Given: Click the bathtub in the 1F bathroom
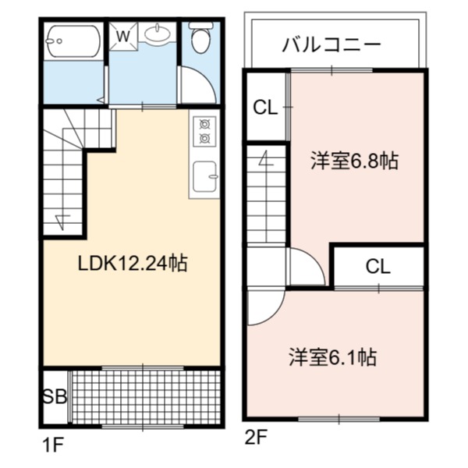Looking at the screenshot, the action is [x=73, y=41].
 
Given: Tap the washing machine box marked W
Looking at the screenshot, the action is [x=123, y=36].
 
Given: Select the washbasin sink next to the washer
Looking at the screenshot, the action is [x=158, y=33].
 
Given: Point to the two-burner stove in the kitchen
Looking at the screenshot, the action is [x=204, y=131].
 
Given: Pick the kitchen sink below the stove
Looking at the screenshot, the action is [x=204, y=177].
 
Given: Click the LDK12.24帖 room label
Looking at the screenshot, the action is [x=133, y=263].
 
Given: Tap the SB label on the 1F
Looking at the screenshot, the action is [x=55, y=397].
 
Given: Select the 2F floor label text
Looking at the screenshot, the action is [x=256, y=438].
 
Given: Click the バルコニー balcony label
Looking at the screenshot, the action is [x=331, y=44].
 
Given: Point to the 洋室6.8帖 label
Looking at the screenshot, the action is [x=355, y=161].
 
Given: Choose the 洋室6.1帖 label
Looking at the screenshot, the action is [x=332, y=357].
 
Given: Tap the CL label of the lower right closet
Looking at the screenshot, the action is [x=378, y=267].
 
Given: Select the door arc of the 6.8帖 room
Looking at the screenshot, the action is [x=314, y=258].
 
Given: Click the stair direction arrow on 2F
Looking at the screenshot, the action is [x=266, y=159].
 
